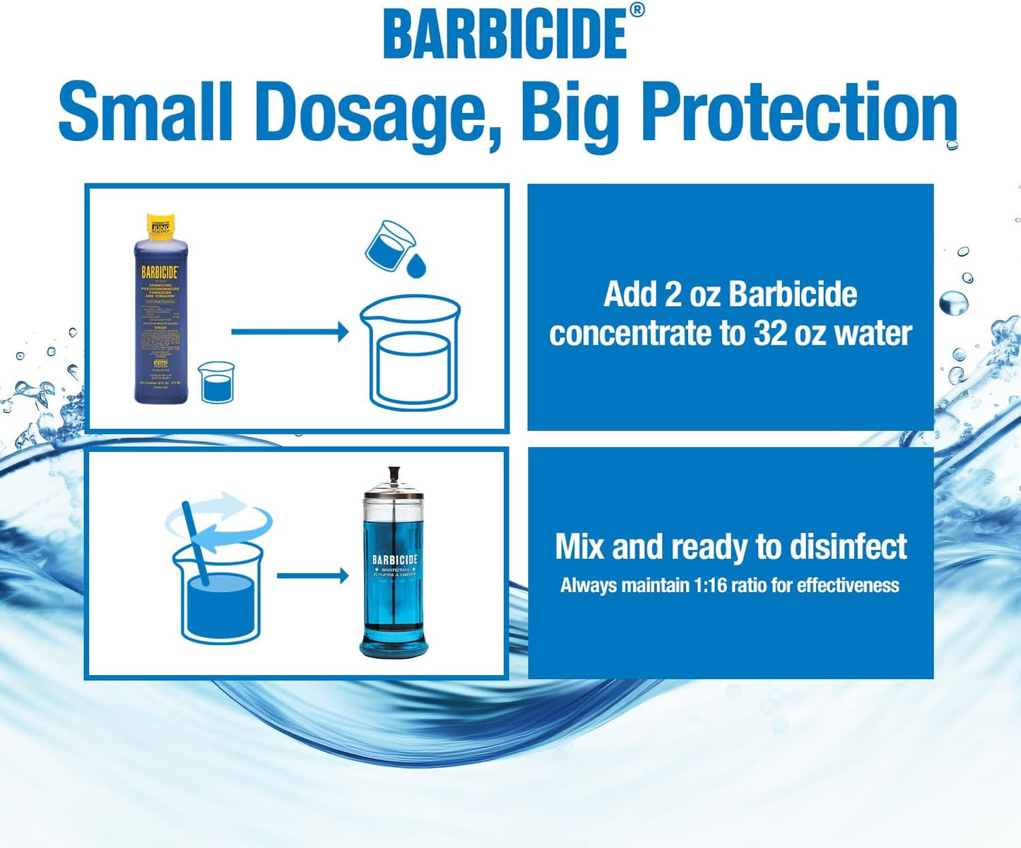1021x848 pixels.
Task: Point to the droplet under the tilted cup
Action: [417, 266]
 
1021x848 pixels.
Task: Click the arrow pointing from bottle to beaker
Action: [290, 331]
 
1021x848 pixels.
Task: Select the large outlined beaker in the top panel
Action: [411, 353]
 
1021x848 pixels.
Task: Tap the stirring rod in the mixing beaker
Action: [196, 544]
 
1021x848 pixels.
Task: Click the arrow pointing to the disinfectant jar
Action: [312, 576]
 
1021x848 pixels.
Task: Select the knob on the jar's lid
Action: [393, 473]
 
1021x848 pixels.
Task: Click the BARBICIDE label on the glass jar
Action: [395, 560]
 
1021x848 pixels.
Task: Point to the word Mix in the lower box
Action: [580, 546]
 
